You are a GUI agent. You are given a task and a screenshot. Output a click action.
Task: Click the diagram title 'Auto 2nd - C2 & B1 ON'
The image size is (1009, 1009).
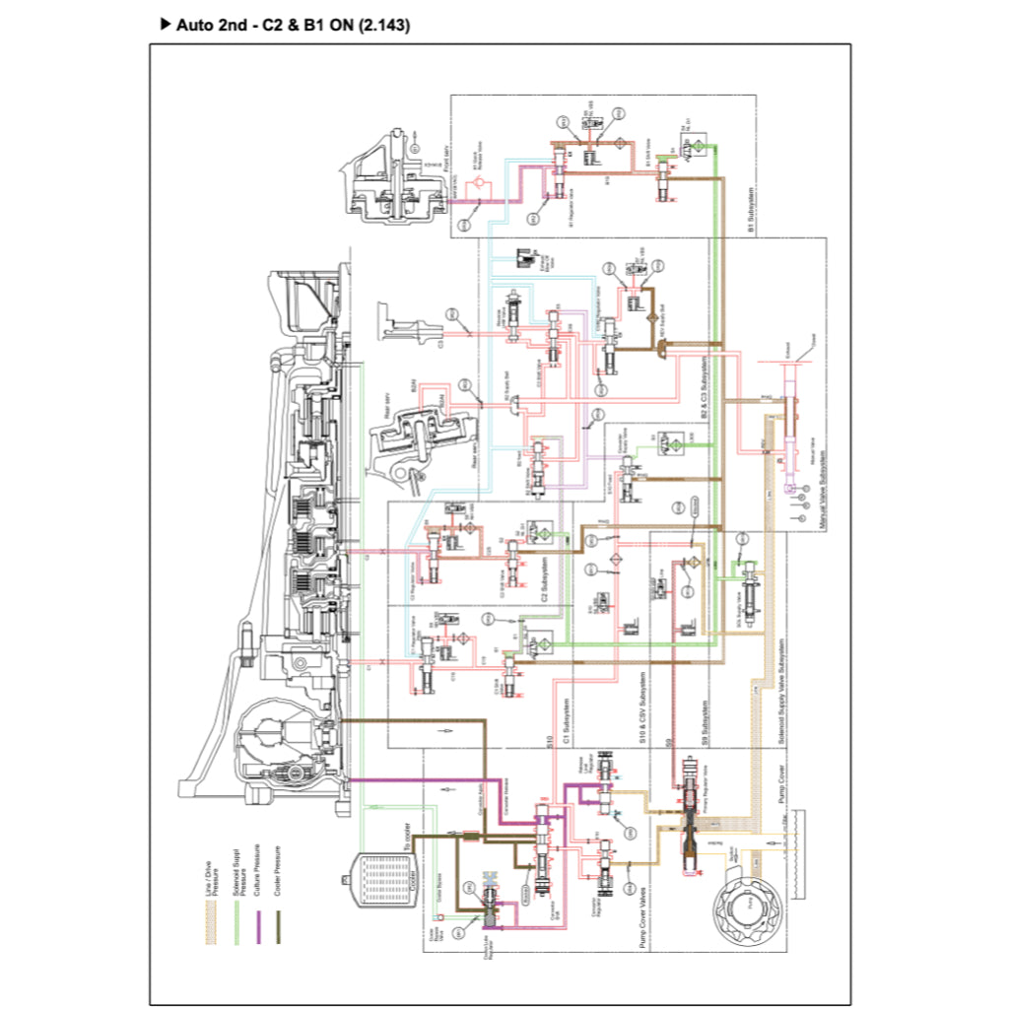[x=292, y=26]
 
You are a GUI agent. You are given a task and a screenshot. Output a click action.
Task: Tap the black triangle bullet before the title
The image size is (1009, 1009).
[x=166, y=25]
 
